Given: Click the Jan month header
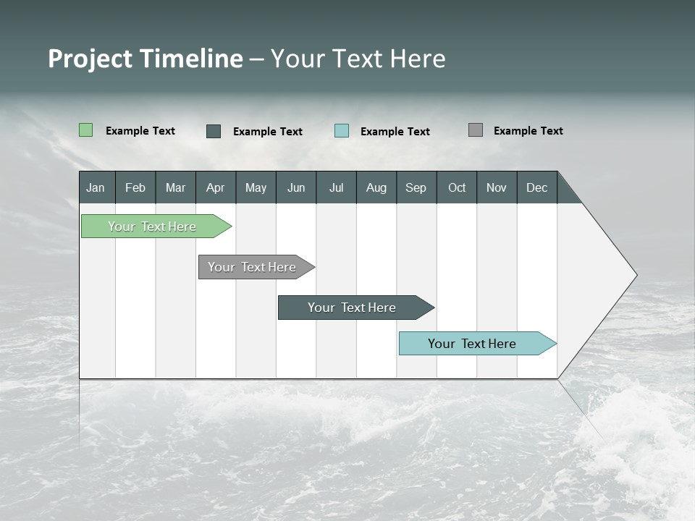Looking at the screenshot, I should coord(96,187).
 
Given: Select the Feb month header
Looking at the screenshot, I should coord(135,187).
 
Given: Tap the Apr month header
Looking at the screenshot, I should coord(216,187).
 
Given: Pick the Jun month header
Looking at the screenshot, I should coord(296,187).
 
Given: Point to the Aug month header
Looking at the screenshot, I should coord(376,187).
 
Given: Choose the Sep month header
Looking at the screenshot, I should coord(416,187).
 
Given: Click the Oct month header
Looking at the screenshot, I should coord(457,187).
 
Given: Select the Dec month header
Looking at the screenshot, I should coord(537,187).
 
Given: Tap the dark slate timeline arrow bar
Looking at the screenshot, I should coord(353,308).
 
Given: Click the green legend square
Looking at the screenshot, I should coord(85,130).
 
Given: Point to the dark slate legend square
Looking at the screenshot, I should coord(214,131).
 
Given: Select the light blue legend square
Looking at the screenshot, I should coord(342,131).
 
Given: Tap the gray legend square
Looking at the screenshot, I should coord(476,130).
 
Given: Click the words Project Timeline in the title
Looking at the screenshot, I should coord(145,59).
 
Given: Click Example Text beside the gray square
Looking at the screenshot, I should coord(528,131).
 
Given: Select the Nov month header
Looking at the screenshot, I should coord(497,187).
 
